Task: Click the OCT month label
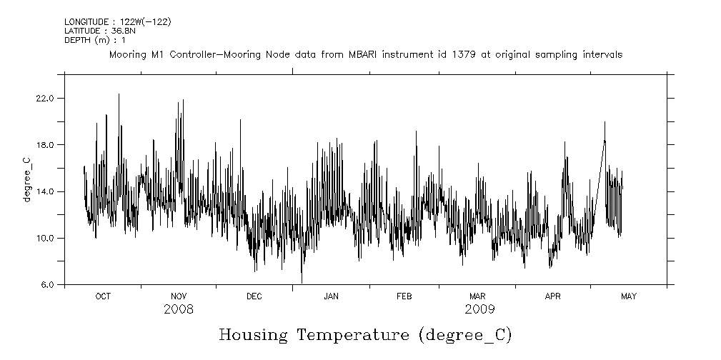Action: (x=103, y=296)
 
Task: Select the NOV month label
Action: (x=179, y=296)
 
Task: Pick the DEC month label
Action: (x=254, y=296)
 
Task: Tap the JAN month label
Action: (x=331, y=296)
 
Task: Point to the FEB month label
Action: (x=404, y=296)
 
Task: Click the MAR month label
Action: (x=477, y=296)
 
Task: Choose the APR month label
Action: (x=553, y=296)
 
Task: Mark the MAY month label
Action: (x=628, y=296)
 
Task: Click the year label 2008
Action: (x=179, y=309)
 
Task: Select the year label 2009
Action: (x=479, y=309)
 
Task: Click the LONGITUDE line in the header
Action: (x=118, y=22)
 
